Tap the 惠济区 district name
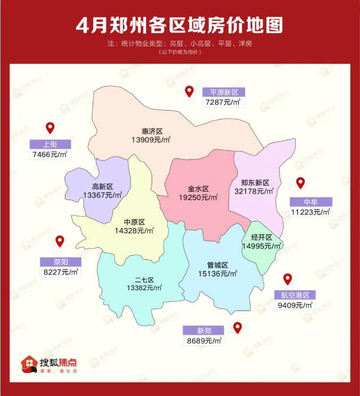(152, 131)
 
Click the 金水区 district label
(198, 189)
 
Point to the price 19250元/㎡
(198, 197)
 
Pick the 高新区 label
(103, 187)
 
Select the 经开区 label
(262, 238)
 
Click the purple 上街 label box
(50, 145)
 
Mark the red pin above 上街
(50, 128)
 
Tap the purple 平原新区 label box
(223, 91)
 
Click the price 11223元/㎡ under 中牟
(311, 212)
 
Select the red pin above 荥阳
(60, 241)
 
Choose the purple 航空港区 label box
(295, 296)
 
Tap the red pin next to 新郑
(238, 327)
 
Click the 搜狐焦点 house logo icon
(29, 364)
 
